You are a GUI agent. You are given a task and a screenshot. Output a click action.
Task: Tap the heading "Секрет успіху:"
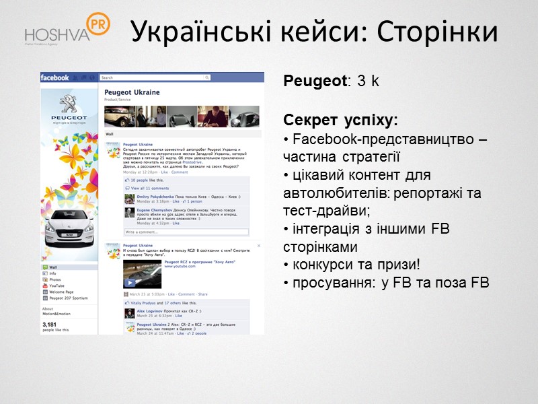(340, 121)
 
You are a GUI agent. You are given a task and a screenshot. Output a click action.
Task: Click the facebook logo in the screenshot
(55, 77)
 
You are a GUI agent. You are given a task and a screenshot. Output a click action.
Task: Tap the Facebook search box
(128, 78)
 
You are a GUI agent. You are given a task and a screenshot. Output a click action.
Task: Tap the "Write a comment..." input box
(185, 232)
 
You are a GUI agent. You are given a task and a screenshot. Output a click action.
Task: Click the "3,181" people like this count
(48, 325)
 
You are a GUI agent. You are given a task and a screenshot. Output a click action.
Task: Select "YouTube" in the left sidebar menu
(56, 285)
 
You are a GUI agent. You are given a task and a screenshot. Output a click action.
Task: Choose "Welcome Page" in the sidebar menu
(62, 292)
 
